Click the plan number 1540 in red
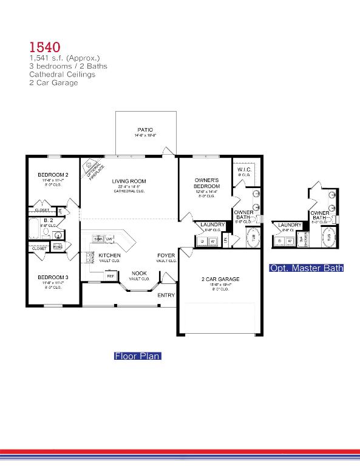(x=45, y=47)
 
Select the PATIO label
(x=145, y=130)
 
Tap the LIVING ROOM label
(x=129, y=181)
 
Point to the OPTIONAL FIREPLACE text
(x=93, y=169)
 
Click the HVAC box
(x=58, y=246)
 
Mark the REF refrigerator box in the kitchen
(x=110, y=275)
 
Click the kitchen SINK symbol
(x=99, y=239)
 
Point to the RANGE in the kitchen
(x=92, y=257)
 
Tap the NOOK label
(x=139, y=273)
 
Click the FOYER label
(x=166, y=255)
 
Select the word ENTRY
(x=166, y=295)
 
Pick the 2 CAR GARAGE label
(x=220, y=279)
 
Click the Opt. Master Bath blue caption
(x=307, y=268)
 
